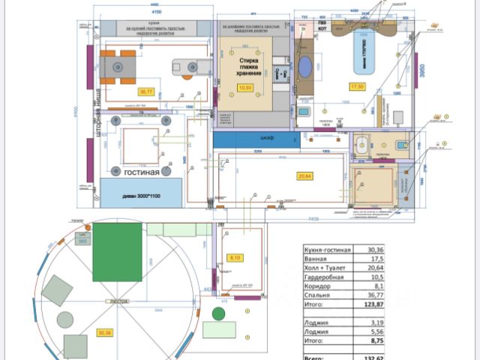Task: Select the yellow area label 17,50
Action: [x=357, y=86]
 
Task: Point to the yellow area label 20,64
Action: [x=304, y=176]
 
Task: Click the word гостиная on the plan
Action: [x=142, y=172]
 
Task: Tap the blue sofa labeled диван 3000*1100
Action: [x=142, y=193]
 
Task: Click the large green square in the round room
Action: [x=117, y=250]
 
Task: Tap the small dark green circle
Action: [x=219, y=313]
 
